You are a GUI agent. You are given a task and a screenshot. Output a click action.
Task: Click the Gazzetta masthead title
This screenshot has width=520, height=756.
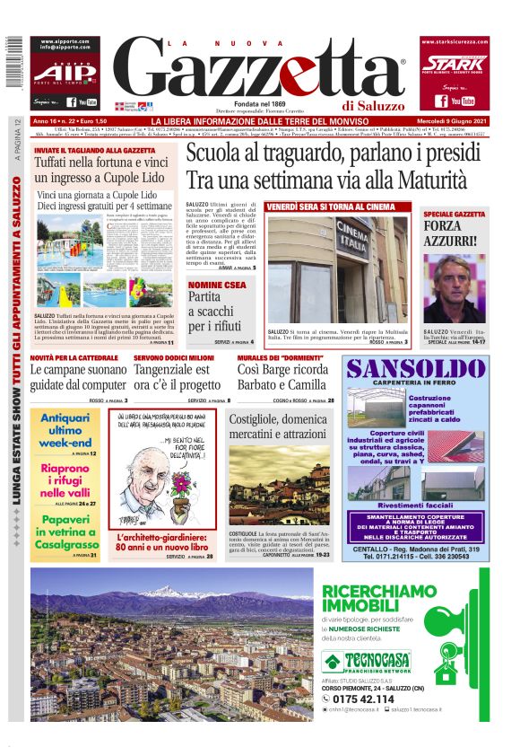tap(260, 72)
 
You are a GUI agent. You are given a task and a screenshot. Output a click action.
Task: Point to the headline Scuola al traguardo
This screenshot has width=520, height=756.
tap(327, 166)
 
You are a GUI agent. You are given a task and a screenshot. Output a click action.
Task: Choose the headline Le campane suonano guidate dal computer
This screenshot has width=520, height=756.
tap(79, 376)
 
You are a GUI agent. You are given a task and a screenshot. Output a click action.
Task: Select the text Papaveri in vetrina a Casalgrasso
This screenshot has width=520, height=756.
tap(66, 535)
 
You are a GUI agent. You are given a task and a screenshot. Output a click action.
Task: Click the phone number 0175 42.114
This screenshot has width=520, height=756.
tap(376, 698)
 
